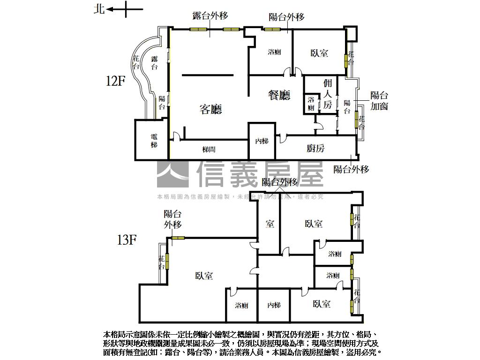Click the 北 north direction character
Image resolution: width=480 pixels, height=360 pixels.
pyautogui.click(x=99, y=9)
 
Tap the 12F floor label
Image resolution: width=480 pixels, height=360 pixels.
pyautogui.click(x=115, y=81)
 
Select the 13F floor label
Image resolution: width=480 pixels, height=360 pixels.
pyautogui.click(x=126, y=240)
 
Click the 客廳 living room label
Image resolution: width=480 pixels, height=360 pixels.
pyautogui.click(x=210, y=110)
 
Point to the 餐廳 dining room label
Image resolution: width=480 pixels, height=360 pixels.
pyautogui.click(x=279, y=95)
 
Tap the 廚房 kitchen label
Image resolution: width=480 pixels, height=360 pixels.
pyautogui.click(x=315, y=149)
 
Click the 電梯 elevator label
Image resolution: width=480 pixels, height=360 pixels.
pyautogui.click(x=154, y=141)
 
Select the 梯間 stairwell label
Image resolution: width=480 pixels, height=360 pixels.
pyautogui.click(x=209, y=150)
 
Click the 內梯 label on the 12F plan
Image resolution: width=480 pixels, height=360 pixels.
pyautogui.click(x=262, y=141)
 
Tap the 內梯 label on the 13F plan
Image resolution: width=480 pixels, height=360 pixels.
pyautogui.click(x=274, y=306)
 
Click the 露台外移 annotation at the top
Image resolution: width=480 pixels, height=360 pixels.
pyautogui.click(x=210, y=16)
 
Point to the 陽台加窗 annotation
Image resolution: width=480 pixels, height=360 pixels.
pyautogui.click(x=379, y=100)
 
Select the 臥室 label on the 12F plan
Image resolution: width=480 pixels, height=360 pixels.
pyautogui.click(x=319, y=53)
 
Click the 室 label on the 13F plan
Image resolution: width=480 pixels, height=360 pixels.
pyautogui.click(x=270, y=224)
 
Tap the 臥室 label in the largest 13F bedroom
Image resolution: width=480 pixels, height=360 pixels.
pyautogui.click(x=204, y=276)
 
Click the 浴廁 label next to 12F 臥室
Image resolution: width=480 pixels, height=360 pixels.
pyautogui.click(x=274, y=52)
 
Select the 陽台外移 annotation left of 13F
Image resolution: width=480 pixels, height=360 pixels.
pyautogui.click(x=172, y=219)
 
